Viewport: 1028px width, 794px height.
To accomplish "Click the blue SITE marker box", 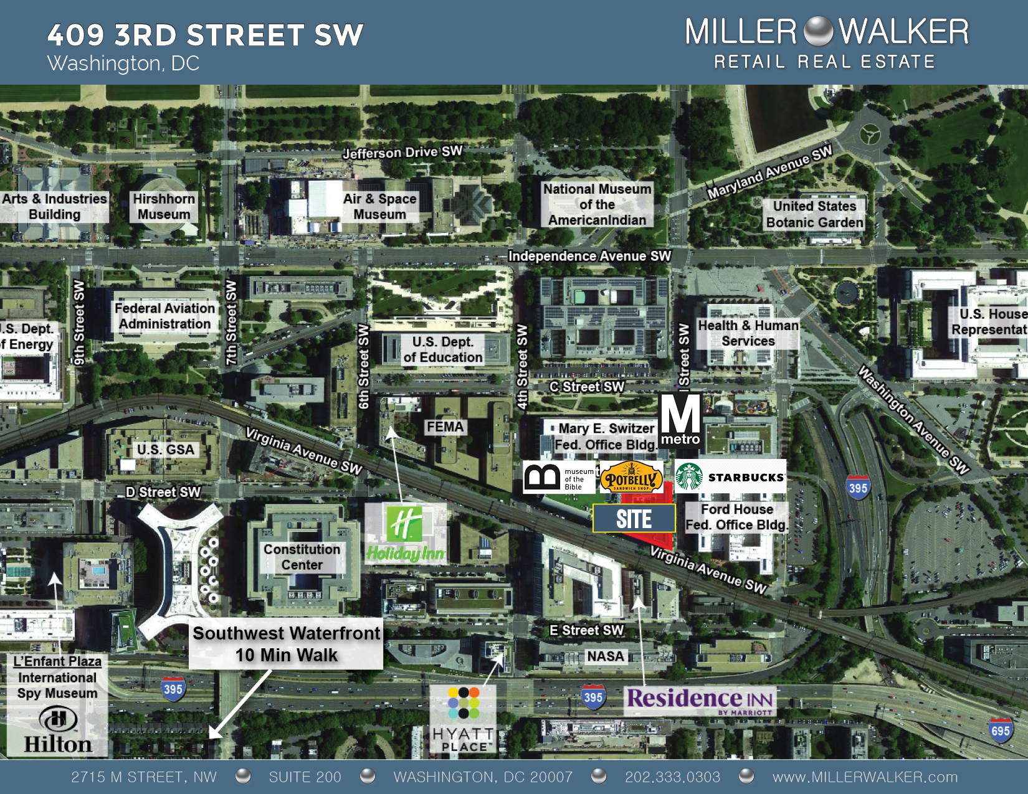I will click(x=634, y=518).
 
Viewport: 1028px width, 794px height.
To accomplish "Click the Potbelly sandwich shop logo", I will click(x=631, y=478).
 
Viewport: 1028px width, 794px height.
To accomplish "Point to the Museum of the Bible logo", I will click(x=559, y=478).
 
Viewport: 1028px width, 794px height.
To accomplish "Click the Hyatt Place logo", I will click(x=464, y=719).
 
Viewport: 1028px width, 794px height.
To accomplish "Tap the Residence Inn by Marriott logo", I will click(x=700, y=700).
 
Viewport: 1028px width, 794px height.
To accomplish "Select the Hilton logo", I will click(x=58, y=730).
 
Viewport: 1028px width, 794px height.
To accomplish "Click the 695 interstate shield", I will click(x=1000, y=730).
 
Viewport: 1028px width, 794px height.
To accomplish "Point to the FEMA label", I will click(x=445, y=427).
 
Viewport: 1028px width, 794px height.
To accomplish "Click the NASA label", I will click(x=605, y=656).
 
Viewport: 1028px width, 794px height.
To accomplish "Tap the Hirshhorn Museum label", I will click(x=164, y=207).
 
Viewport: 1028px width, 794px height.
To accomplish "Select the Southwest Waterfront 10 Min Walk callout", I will click(x=286, y=644).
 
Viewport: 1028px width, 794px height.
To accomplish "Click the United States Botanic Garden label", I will click(x=814, y=214).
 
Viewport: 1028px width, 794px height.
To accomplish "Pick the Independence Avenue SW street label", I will click(x=589, y=256).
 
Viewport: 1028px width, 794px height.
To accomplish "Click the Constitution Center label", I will click(x=302, y=557).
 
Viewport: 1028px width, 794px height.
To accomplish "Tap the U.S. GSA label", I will click(x=166, y=450).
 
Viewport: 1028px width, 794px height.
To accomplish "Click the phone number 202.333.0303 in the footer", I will click(x=672, y=777).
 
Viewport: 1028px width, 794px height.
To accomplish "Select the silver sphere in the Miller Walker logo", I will click(x=818, y=31).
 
